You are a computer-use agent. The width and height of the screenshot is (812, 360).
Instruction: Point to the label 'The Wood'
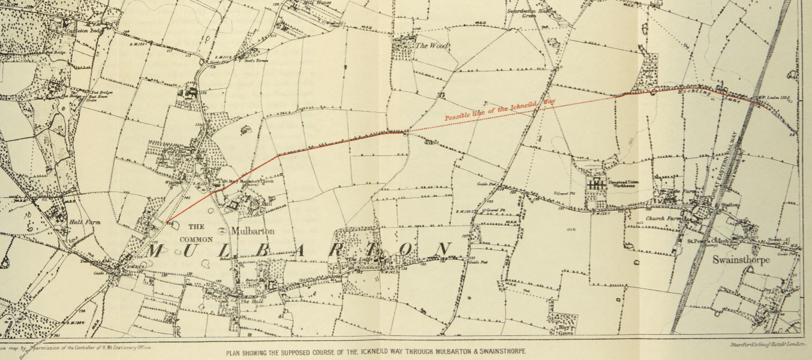coord(432,46)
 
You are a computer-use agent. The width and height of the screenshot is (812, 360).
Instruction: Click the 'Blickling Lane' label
coord(714,96)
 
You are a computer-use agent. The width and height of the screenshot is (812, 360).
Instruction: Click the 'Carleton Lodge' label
coord(86,30)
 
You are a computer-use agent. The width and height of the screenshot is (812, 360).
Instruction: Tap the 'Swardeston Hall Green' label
coord(528,13)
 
